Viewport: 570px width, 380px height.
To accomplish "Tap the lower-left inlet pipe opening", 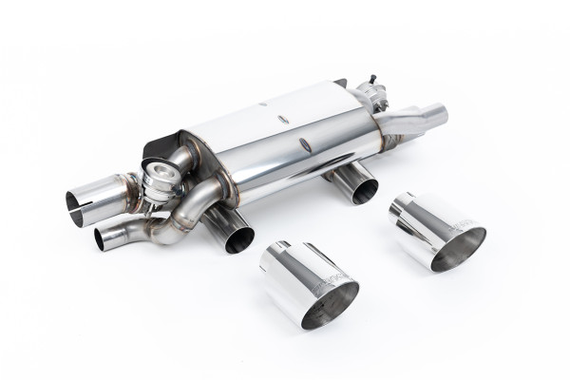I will pyautogui.click(x=107, y=238).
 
